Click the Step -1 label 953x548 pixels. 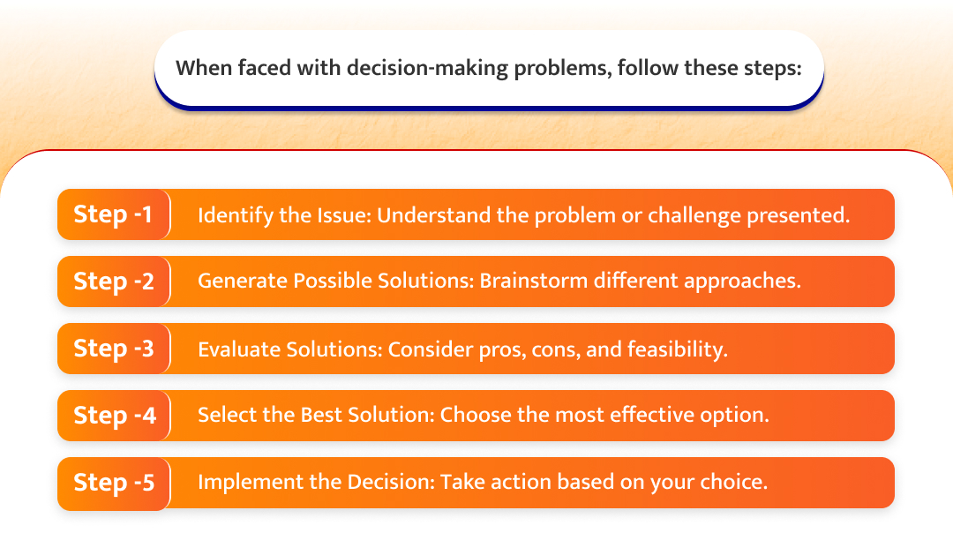tap(112, 214)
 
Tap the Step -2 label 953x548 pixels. tap(114, 282)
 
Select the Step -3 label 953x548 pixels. tap(114, 348)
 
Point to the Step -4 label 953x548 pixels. tap(115, 415)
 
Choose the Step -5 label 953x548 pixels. tap(114, 482)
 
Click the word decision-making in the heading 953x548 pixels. tap(427, 68)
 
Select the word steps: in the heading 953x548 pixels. tap(773, 69)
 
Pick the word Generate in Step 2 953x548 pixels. tap(243, 281)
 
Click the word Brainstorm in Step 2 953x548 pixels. tap(534, 281)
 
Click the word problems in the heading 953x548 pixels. tap(561, 69)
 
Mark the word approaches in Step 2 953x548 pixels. tap(741, 282)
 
